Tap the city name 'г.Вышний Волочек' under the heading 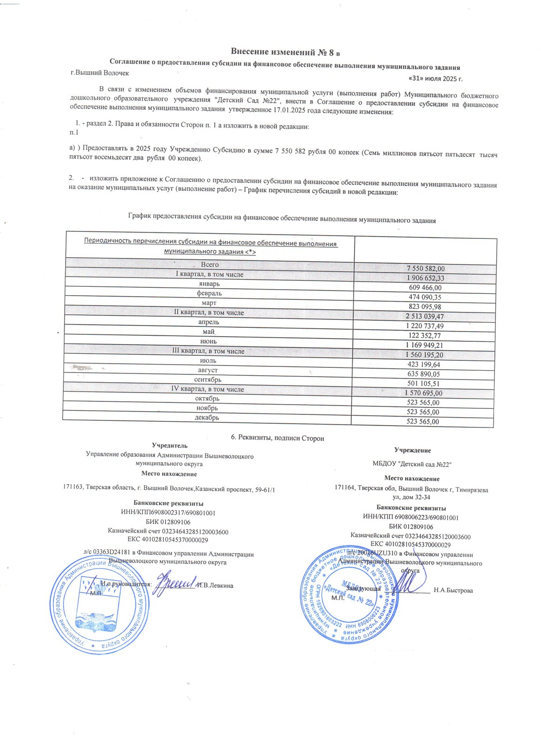pos(100,73)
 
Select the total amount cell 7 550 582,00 pos(425,269)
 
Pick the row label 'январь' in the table pos(209,284)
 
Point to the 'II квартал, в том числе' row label pos(209,312)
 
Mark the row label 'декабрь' pos(207,418)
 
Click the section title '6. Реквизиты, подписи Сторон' pos(277,438)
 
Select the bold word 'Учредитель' pos(170,446)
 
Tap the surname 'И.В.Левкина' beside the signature pos(215,585)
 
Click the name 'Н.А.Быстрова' pos(453,590)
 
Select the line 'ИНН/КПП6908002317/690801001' pos(168,513)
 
